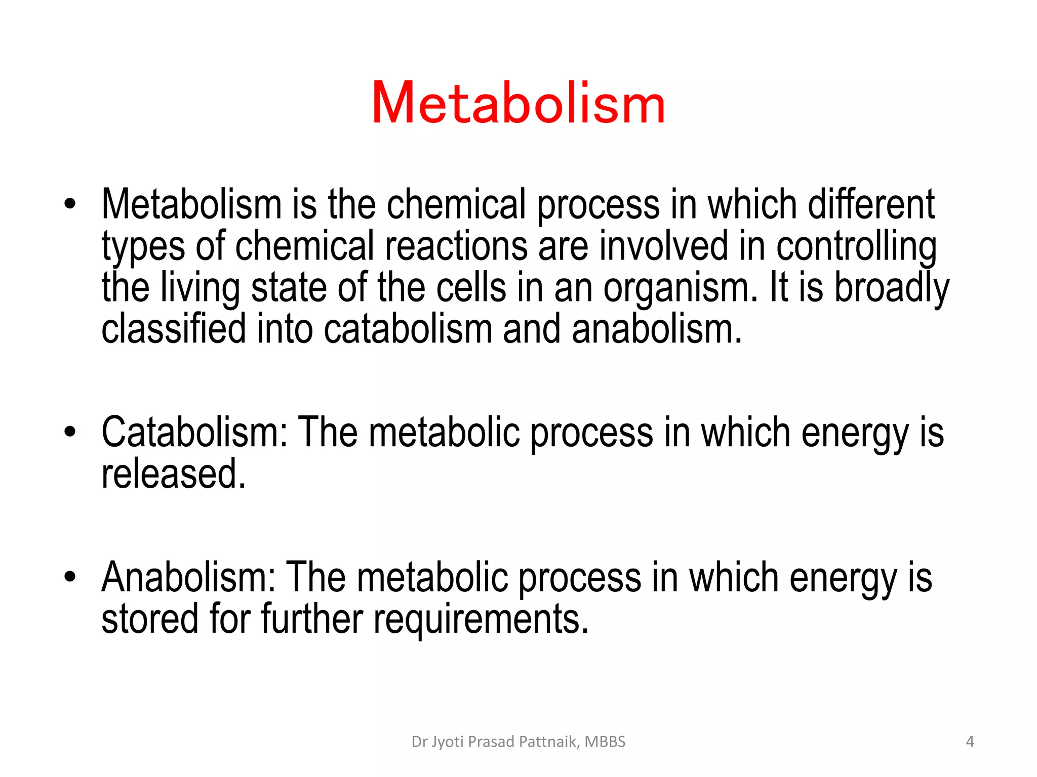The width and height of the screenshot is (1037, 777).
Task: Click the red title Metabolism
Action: (x=518, y=103)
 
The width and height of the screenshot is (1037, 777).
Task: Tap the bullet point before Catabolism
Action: (x=70, y=432)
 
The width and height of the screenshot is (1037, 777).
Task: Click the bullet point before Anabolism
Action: (x=70, y=577)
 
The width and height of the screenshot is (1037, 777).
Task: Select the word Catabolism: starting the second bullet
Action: (x=194, y=432)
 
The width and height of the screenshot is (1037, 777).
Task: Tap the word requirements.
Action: (x=481, y=619)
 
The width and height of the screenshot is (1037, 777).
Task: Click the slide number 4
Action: (x=970, y=742)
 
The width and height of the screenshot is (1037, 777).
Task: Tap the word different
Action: (x=871, y=204)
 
